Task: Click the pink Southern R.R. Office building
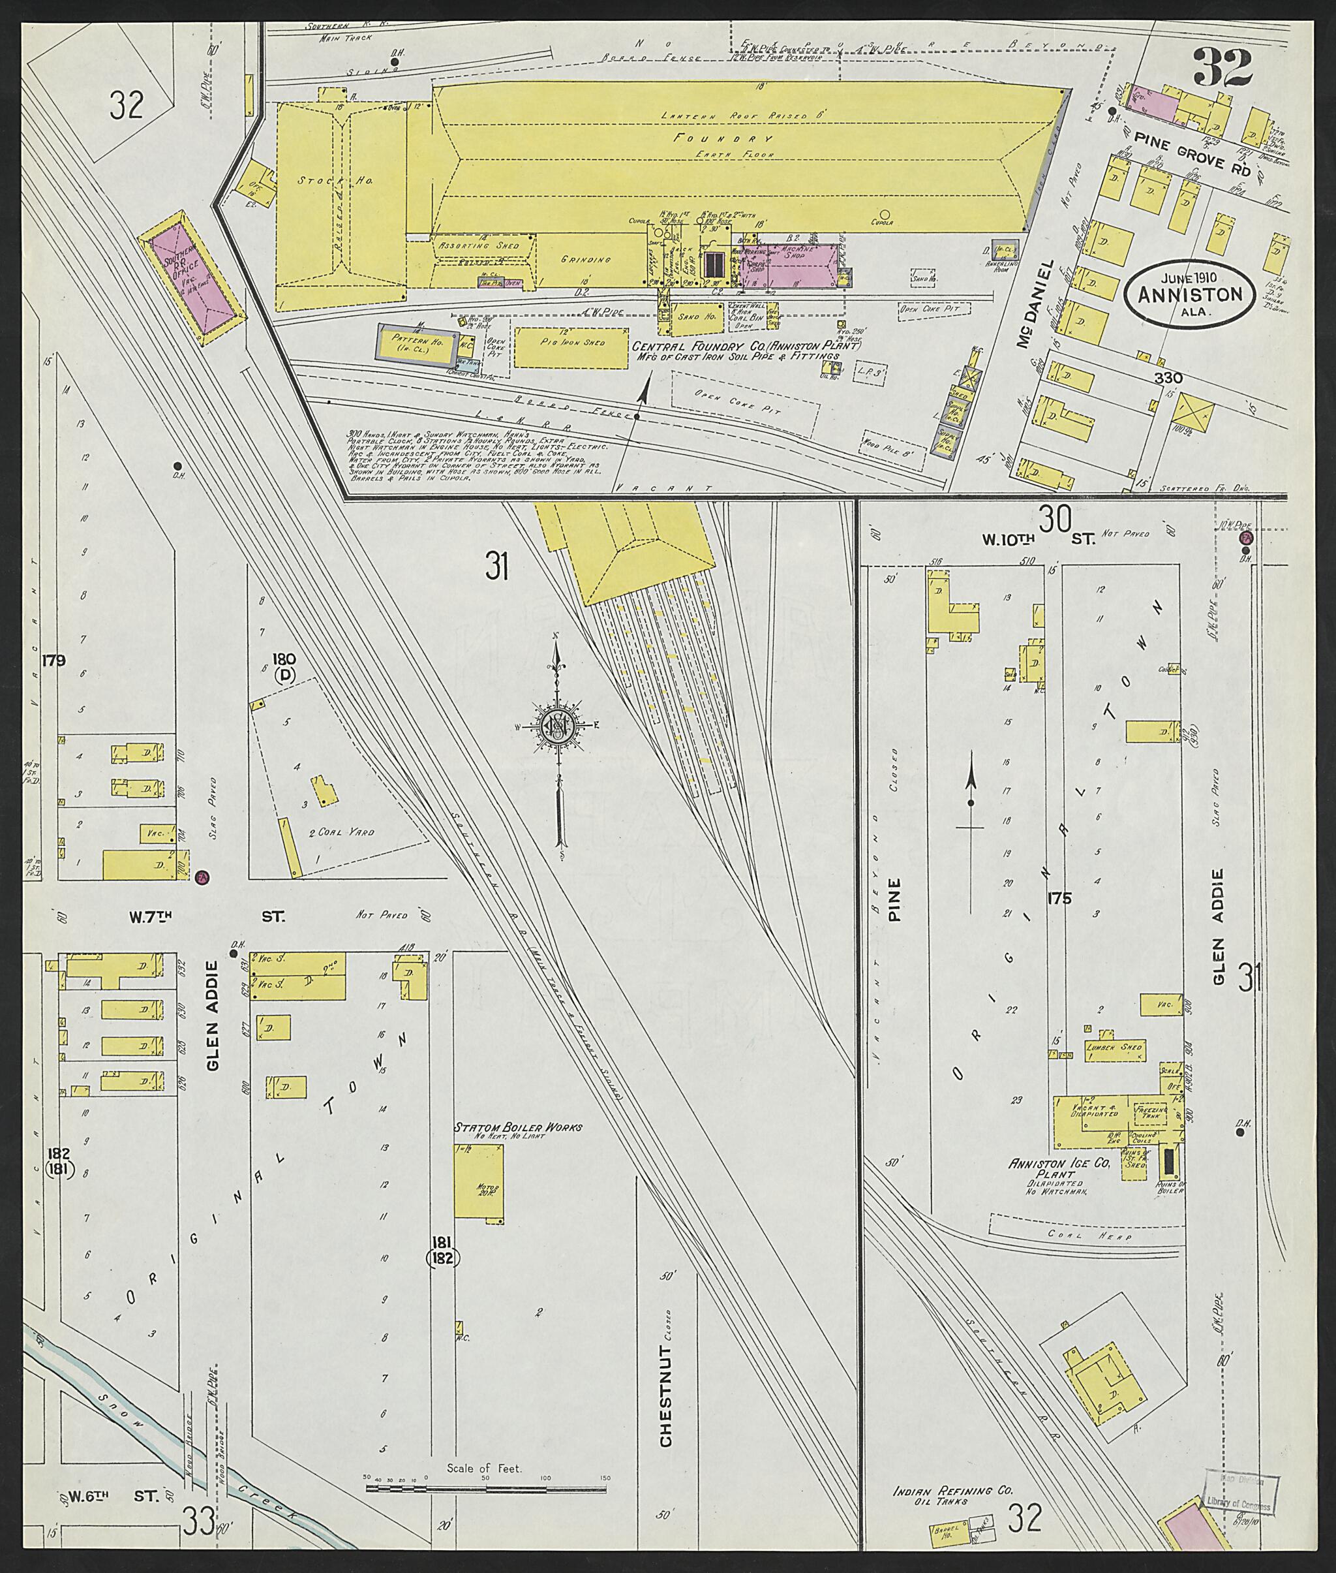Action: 191,278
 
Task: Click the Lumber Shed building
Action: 1114,1049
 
